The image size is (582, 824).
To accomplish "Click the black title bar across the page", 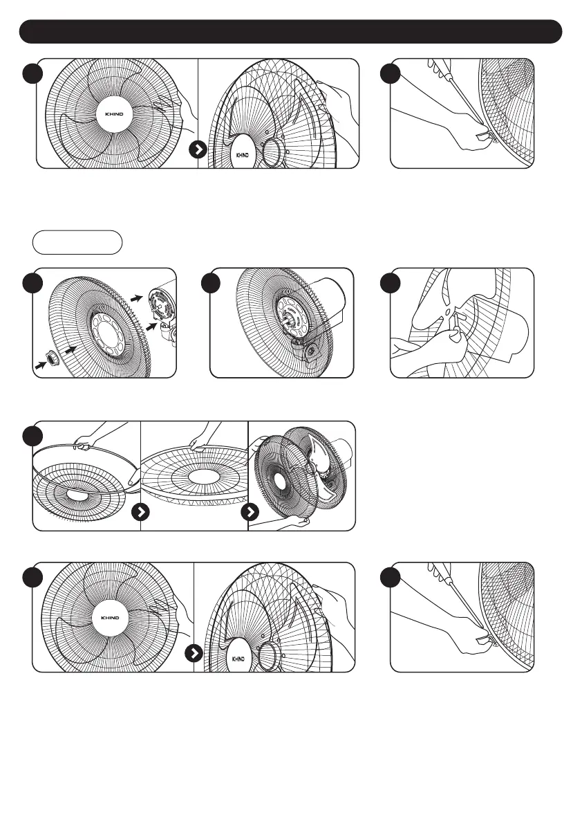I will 290,32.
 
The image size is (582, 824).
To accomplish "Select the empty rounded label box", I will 77,243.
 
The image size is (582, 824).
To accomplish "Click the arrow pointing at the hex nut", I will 39,362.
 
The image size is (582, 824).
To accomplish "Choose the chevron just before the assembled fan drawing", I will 250,513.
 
